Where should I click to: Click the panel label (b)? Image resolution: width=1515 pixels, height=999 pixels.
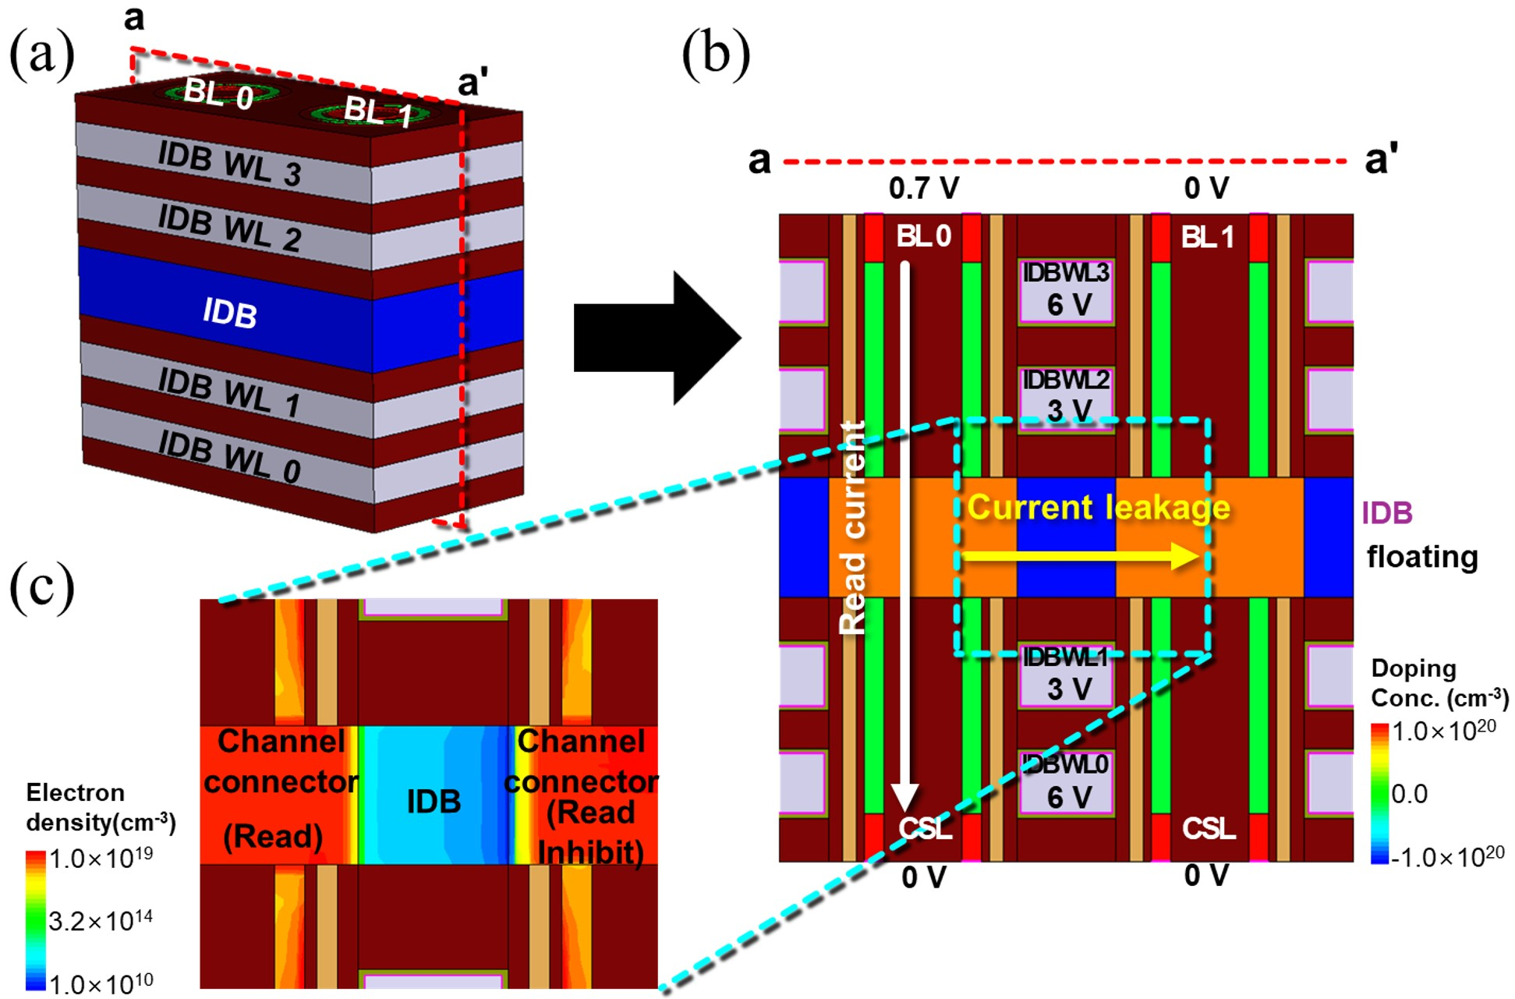[x=715, y=56]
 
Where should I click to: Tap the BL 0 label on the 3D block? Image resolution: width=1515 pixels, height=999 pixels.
[x=218, y=95]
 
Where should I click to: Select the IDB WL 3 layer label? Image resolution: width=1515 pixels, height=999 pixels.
[x=229, y=165]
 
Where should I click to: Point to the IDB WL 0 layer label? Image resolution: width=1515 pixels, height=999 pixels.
[x=229, y=457]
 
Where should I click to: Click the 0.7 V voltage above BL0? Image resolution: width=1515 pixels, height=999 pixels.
[x=923, y=188]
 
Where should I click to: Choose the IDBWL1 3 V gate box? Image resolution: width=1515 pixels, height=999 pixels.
[x=1067, y=675]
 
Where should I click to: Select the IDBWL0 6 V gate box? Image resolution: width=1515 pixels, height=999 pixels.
[x=1067, y=782]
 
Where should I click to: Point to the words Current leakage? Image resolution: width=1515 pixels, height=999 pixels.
[x=1098, y=508]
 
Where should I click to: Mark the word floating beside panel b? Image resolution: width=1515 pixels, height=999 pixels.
[x=1422, y=557]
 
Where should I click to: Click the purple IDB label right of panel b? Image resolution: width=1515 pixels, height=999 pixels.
[x=1387, y=512]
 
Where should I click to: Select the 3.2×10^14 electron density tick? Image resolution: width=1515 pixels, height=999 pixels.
[x=101, y=921]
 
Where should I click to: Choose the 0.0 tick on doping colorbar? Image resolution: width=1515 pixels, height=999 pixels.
[x=1410, y=794]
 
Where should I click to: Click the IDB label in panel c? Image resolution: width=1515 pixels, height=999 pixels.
[x=434, y=801]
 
